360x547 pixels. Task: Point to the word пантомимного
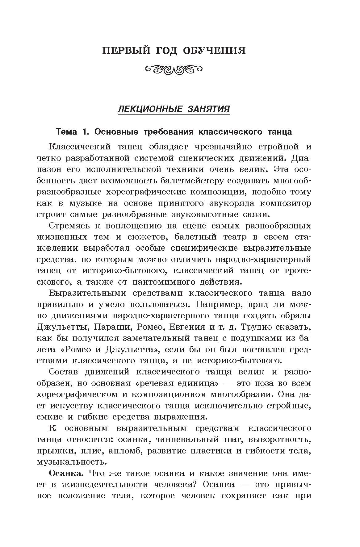167,282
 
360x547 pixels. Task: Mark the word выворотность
280,439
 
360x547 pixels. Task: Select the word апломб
125,451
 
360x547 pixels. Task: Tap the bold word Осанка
65,473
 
